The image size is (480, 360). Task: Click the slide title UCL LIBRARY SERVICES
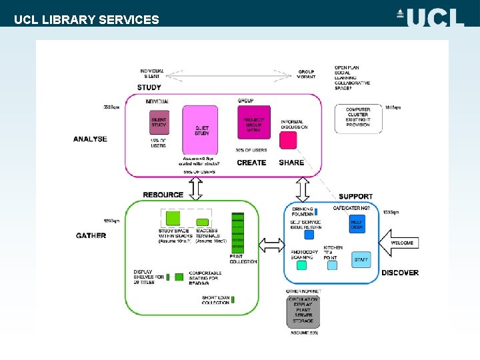[x=87, y=19]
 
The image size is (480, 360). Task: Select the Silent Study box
[x=159, y=123]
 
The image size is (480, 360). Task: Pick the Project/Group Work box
[x=253, y=123]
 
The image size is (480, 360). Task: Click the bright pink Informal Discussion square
[x=288, y=140]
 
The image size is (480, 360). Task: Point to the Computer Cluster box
[x=358, y=118]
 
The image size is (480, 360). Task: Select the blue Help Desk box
[x=357, y=225]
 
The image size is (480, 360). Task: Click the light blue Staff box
[x=361, y=259]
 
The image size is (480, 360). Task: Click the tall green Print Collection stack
[x=238, y=233]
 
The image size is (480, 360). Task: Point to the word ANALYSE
[x=90, y=139]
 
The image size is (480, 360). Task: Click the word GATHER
[x=91, y=235]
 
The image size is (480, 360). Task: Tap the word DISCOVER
[x=400, y=273]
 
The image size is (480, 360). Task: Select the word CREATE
[x=251, y=163]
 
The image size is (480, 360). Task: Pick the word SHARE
[x=291, y=163]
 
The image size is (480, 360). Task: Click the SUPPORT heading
[x=355, y=196]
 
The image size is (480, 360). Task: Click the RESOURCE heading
[x=163, y=195]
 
